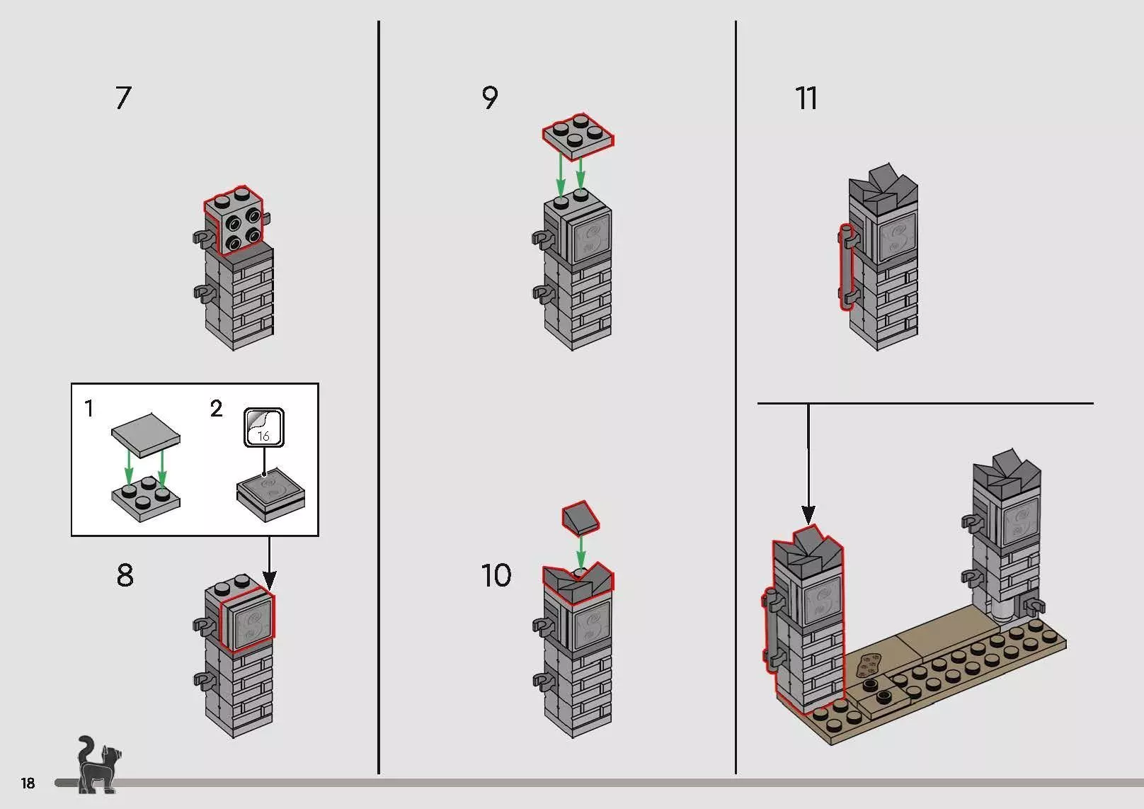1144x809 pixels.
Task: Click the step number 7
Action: pyautogui.click(x=123, y=98)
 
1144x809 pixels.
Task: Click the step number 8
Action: pyautogui.click(x=125, y=575)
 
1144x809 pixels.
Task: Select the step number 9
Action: pyautogui.click(x=489, y=98)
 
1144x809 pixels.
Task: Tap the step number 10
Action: pyautogui.click(x=496, y=575)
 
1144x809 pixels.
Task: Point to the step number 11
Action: pyautogui.click(x=806, y=98)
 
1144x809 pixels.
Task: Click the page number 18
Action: pyautogui.click(x=28, y=783)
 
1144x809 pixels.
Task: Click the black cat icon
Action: pyautogui.click(x=96, y=765)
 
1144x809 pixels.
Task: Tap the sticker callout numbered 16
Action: pyautogui.click(x=263, y=427)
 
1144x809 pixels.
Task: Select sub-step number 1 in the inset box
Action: pyautogui.click(x=88, y=409)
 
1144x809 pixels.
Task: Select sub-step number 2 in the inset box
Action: pyautogui.click(x=216, y=409)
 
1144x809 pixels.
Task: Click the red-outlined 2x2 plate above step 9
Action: pyautogui.click(x=578, y=135)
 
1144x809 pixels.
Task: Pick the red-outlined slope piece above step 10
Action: pyautogui.click(x=581, y=518)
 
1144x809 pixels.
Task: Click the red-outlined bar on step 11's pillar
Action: pyautogui.click(x=845, y=267)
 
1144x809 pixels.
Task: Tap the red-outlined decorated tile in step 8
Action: pyautogui.click(x=247, y=621)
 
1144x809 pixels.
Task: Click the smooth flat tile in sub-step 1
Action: pyautogui.click(x=146, y=431)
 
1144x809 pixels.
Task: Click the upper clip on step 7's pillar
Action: pyautogui.click(x=200, y=238)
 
